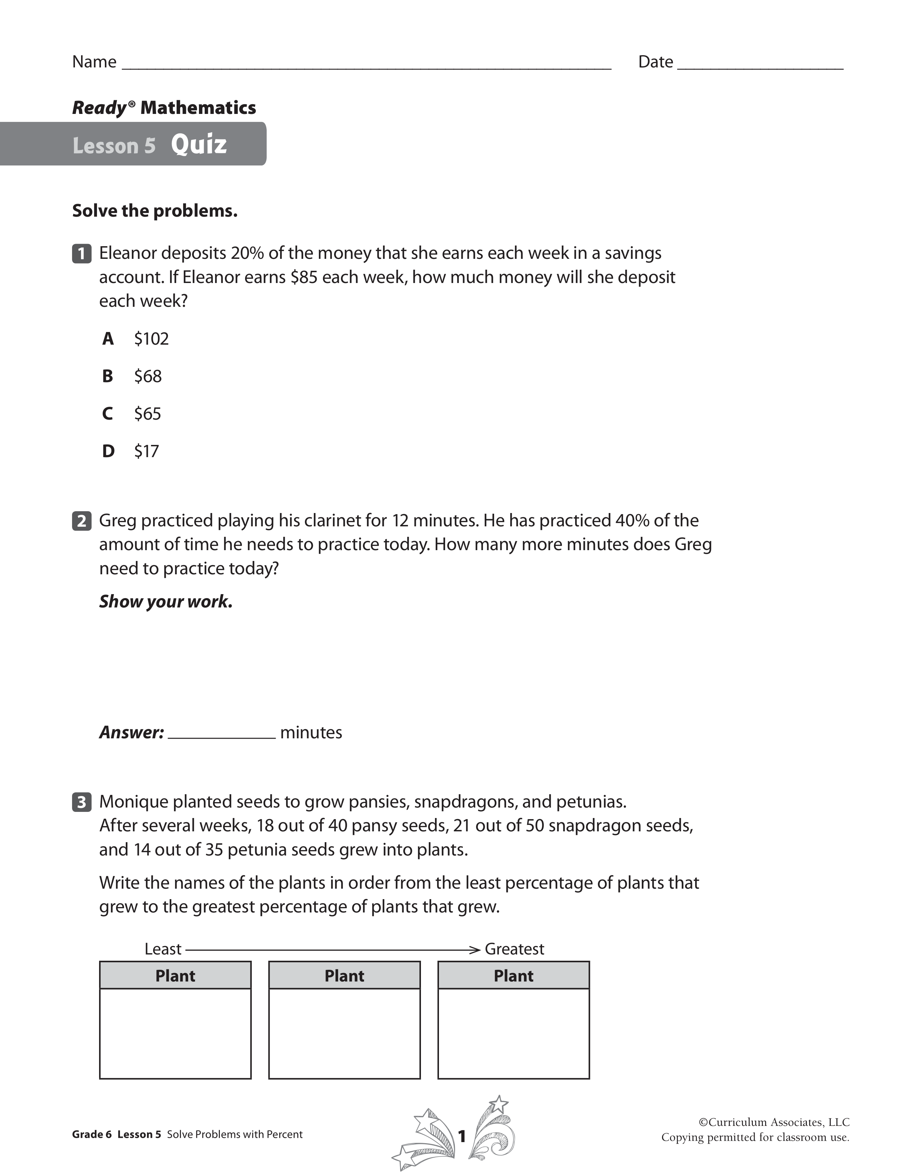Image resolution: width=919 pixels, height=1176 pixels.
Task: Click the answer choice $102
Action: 151,339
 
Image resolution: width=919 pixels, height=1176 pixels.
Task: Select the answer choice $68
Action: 147,376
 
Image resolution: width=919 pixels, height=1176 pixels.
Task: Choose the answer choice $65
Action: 147,414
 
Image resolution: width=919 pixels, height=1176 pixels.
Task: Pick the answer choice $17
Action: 146,451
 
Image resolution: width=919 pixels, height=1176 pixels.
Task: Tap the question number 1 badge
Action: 81,253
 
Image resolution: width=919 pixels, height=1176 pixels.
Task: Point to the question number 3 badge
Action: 81,802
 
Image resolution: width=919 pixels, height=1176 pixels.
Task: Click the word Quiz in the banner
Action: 199,144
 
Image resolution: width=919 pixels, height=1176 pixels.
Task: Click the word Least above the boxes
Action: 163,949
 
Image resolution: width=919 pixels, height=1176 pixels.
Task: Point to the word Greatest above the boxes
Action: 514,949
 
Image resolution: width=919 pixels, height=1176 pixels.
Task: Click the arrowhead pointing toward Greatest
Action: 475,950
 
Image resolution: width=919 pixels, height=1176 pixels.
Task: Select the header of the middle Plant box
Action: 345,976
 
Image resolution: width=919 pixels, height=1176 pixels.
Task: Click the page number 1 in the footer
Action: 461,1136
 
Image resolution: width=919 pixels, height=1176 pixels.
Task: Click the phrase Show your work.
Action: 166,601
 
